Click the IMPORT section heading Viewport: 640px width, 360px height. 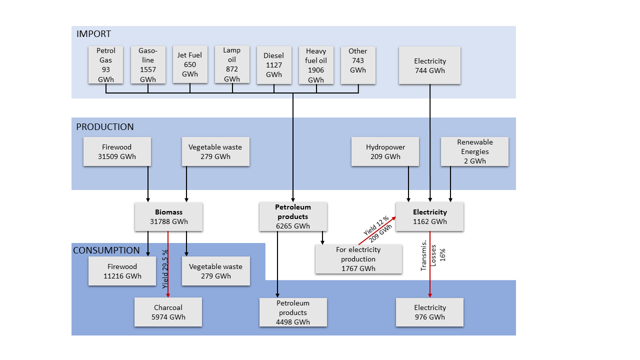pyautogui.click(x=93, y=34)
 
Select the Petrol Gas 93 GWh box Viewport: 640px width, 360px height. pyautogui.click(x=105, y=65)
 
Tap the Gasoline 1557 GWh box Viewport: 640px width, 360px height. pyautogui.click(x=148, y=65)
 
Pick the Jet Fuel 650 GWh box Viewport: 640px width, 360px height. pyautogui.click(x=190, y=64)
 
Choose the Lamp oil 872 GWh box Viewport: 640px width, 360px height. pyautogui.click(x=232, y=64)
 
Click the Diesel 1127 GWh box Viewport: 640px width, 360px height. pyautogui.click(x=274, y=65)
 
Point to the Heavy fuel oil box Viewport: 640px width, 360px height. pyautogui.click(x=316, y=65)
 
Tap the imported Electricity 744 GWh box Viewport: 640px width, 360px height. pyautogui.click(x=430, y=65)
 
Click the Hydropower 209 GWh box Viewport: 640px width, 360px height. pyautogui.click(x=385, y=152)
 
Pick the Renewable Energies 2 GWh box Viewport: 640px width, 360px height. pyautogui.click(x=474, y=151)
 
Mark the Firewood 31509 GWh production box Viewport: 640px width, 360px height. pyautogui.click(x=117, y=152)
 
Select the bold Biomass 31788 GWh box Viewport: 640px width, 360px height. pyautogui.click(x=168, y=216)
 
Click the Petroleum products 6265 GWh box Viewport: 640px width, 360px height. pyautogui.click(x=293, y=216)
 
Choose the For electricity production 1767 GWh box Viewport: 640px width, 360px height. pyautogui.click(x=358, y=258)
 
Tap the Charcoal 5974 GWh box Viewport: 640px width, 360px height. pyautogui.click(x=168, y=312)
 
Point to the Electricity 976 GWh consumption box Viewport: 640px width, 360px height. pyautogui.click(x=429, y=312)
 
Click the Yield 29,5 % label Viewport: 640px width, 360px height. pyautogui.click(x=164, y=269)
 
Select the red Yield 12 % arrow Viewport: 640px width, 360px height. pyautogui.click(x=377, y=230)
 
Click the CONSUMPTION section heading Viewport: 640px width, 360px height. pyautogui.click(x=106, y=250)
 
